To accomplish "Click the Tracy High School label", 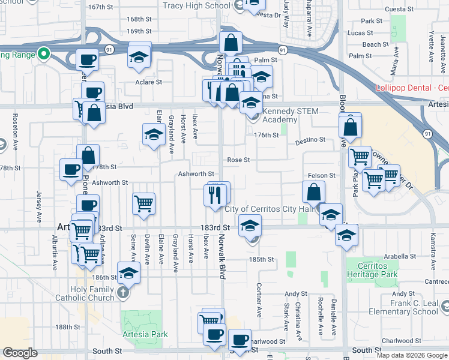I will click(197, 6).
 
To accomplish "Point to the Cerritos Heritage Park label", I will click(374, 269).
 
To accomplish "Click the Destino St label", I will click(310, 140).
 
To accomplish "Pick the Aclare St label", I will click(149, 82).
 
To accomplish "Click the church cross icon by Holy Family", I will click(123, 293).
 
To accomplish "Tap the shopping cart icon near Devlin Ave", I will click(144, 204).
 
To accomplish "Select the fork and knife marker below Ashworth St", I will click(214, 194).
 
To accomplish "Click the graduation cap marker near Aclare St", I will click(139, 57).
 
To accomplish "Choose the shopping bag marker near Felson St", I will click(314, 192).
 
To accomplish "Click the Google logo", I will click(20, 353).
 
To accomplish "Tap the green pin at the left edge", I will click(43, 54).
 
